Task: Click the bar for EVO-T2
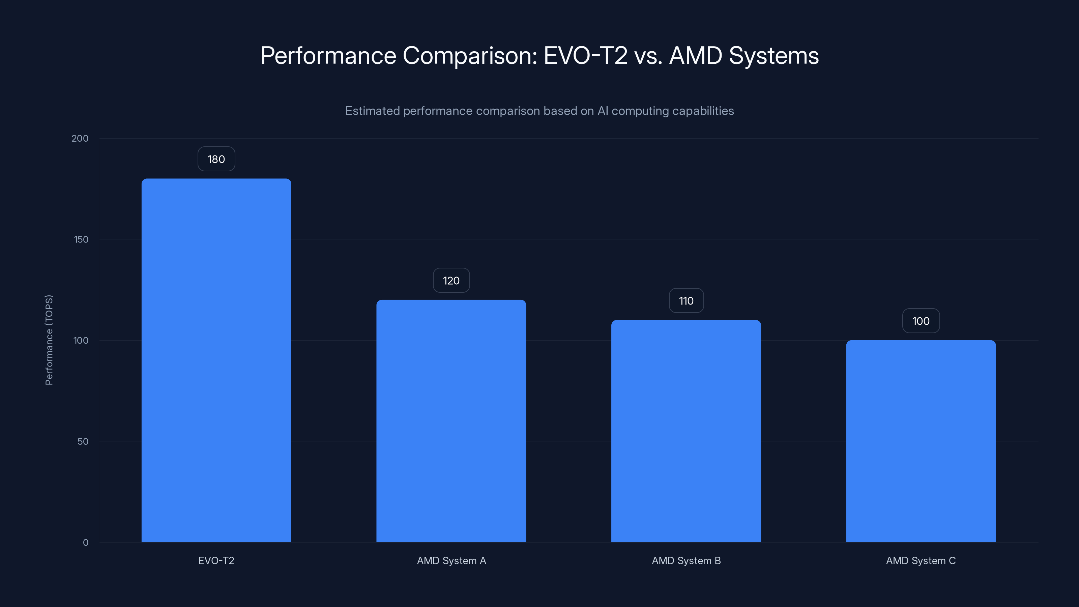pyautogui.click(x=216, y=360)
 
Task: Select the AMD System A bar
pyautogui.click(x=451, y=421)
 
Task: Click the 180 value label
pyautogui.click(x=216, y=159)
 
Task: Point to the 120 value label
pyautogui.click(x=451, y=281)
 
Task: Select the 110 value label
pyautogui.click(x=686, y=301)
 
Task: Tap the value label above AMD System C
pyautogui.click(x=921, y=321)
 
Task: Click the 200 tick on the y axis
pyautogui.click(x=80, y=138)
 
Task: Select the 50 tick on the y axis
pyautogui.click(x=83, y=441)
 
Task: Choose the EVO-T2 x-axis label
pyautogui.click(x=216, y=560)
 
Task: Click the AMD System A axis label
pyautogui.click(x=451, y=560)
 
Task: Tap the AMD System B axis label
pyautogui.click(x=686, y=560)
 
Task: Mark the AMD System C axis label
pyautogui.click(x=921, y=560)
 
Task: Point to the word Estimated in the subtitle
pyautogui.click(x=372, y=111)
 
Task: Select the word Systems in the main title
pyautogui.click(x=773, y=56)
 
